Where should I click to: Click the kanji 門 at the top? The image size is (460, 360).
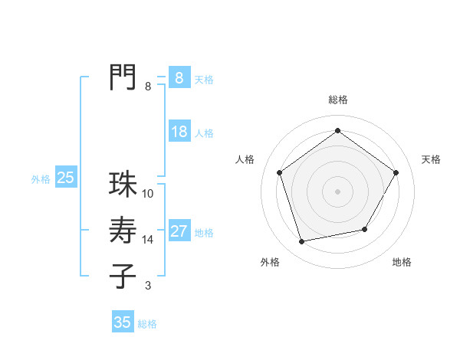pos(123,77)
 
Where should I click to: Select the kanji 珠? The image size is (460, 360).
pos(123,185)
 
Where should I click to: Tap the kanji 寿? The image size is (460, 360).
pos(123,231)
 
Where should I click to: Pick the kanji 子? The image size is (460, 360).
pos(123,276)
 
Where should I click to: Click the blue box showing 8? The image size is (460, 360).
pos(179,77)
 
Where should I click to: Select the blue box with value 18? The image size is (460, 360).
pos(179,132)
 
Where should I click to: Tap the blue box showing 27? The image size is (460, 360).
pos(179,231)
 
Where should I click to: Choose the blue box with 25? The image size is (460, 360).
pos(66,178)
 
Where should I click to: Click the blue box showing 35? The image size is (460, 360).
pos(123,322)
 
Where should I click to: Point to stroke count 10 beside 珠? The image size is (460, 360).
pos(148,194)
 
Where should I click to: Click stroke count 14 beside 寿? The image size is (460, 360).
pos(148,240)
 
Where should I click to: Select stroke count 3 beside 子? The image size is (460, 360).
pos(148,286)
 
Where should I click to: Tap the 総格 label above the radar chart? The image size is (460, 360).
pos(337,100)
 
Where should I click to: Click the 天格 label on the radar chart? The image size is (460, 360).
pos(431,159)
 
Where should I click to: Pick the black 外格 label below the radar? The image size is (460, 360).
pos(270,263)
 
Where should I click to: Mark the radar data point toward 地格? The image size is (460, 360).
pos(365,229)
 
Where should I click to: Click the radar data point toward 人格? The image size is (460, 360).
pos(279,172)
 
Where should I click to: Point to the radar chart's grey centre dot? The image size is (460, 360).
pos(337,191)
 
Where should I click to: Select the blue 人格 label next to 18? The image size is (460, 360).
pos(204,133)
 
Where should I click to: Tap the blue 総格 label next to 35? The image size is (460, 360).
pos(147,324)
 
